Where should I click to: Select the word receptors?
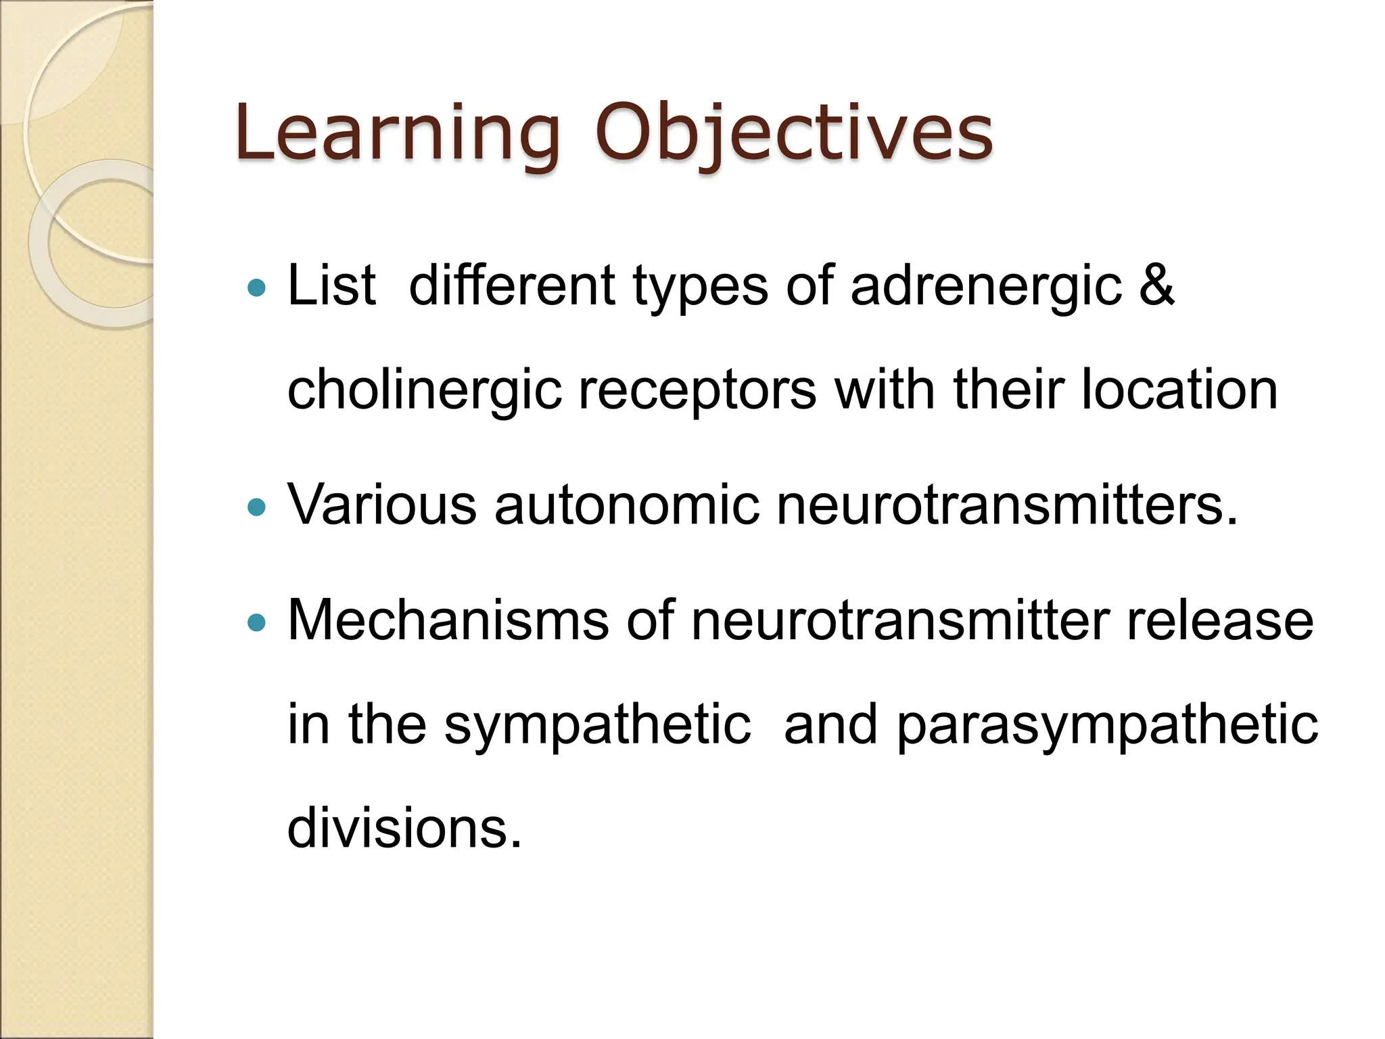(x=697, y=391)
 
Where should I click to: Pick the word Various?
(x=382, y=505)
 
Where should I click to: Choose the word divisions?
(x=404, y=828)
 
